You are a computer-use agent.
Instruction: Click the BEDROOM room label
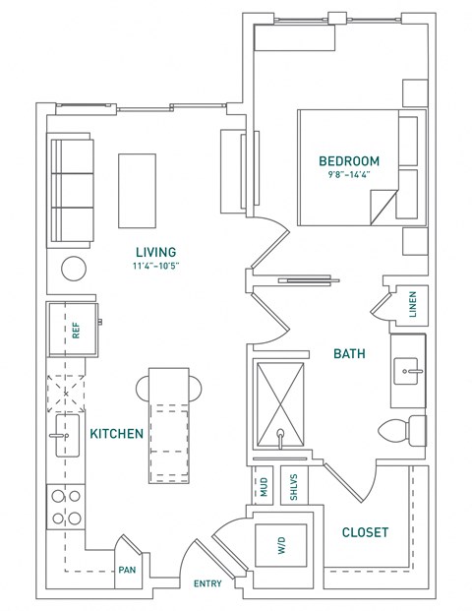348,160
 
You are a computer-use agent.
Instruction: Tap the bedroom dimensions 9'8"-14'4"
348,176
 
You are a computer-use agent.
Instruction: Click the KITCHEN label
117,433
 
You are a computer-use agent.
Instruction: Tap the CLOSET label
364,532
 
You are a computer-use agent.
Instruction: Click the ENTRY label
206,583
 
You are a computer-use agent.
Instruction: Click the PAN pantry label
127,569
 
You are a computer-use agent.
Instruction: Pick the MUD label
263,487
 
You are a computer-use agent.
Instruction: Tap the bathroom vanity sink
409,371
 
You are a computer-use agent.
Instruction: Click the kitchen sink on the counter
67,434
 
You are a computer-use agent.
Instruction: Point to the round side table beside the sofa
75,269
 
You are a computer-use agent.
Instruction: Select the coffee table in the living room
136,190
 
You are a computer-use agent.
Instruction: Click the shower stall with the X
281,405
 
